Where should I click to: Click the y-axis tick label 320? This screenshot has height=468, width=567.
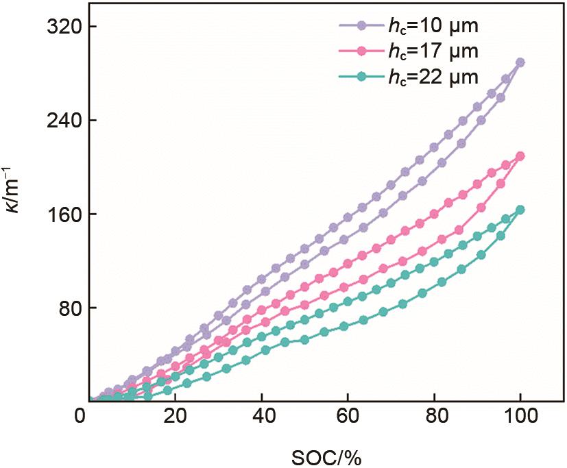tap(60, 26)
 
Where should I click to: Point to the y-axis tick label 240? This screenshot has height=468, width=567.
tap(60, 120)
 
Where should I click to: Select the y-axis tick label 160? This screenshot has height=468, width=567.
tap(60, 214)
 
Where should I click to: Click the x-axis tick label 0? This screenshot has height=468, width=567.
tap(82, 415)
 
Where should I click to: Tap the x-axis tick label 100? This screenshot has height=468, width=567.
tap(520, 415)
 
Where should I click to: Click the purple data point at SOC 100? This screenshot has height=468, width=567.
tap(520, 62)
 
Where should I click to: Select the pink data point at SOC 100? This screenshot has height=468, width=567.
tap(520, 156)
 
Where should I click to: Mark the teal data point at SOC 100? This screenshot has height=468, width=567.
tap(520, 210)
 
